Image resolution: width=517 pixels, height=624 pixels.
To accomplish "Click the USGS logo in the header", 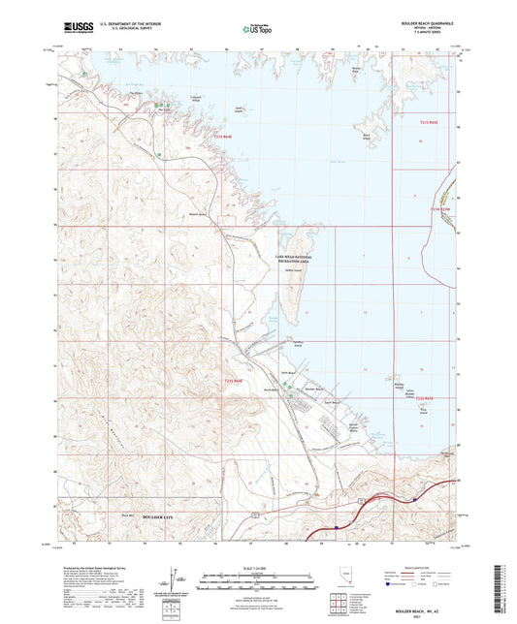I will (x=73, y=28).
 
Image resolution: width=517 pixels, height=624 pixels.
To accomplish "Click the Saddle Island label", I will (x=290, y=271).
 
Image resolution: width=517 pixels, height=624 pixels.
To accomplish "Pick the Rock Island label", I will (x=422, y=409).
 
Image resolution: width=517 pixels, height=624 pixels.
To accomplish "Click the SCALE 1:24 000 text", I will (x=256, y=567).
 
